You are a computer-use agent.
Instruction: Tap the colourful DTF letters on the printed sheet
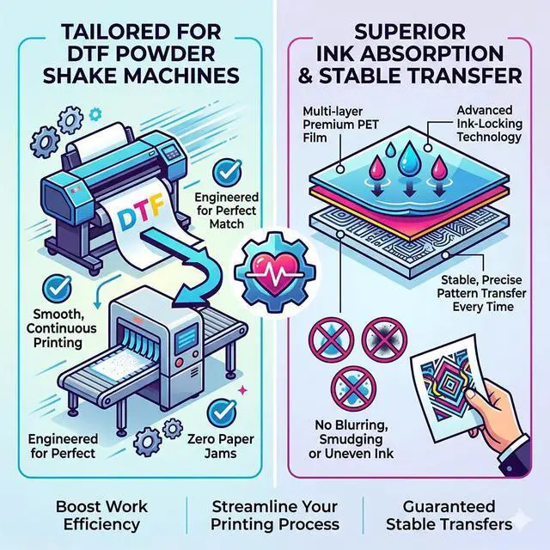pos(140,212)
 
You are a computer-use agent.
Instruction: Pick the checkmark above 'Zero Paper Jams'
pos(222,413)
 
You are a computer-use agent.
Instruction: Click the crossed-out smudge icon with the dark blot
pos(385,339)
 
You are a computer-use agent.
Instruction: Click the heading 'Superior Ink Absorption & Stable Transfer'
pos(410,54)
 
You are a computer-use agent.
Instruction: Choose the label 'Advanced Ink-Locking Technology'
pos(489,124)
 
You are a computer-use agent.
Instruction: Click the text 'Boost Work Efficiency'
pos(101,516)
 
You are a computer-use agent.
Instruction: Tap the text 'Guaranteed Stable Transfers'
pos(449,516)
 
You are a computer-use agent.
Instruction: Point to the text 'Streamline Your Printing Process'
pos(275,516)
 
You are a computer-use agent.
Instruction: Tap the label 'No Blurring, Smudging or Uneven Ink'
pos(351,439)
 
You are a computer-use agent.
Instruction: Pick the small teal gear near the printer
pos(95,114)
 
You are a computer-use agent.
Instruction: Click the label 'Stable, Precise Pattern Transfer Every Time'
pos(481,293)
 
